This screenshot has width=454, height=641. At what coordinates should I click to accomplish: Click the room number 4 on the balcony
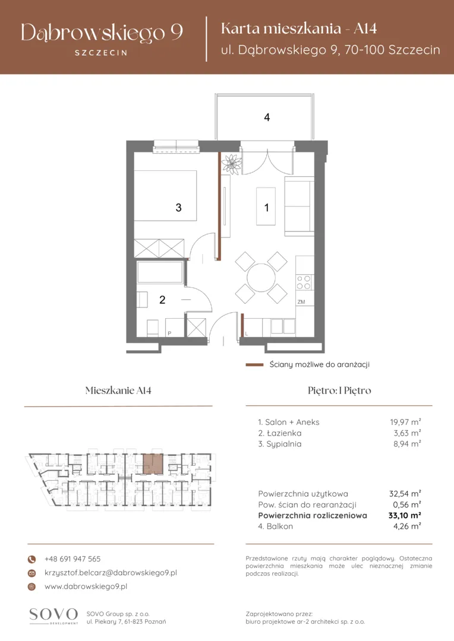(x=267, y=118)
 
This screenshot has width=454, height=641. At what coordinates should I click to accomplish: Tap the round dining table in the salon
(x=261, y=278)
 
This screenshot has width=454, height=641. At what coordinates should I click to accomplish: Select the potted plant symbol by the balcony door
(x=231, y=164)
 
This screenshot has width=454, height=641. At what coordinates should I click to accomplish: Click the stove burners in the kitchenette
(x=304, y=283)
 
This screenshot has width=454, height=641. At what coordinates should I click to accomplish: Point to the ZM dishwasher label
(x=301, y=302)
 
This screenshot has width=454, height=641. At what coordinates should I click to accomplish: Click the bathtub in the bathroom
(x=160, y=272)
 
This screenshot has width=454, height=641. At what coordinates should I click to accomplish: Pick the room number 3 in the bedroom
(x=178, y=208)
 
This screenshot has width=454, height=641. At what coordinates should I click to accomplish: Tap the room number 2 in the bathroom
(x=162, y=300)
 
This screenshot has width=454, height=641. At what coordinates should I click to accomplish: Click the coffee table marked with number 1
(x=266, y=207)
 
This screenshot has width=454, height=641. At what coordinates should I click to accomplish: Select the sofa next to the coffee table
(x=299, y=207)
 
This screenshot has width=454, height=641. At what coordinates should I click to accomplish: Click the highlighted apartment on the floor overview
(x=153, y=464)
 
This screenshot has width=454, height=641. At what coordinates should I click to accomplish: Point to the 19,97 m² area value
(x=405, y=422)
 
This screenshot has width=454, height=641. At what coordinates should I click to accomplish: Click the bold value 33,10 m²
(x=405, y=515)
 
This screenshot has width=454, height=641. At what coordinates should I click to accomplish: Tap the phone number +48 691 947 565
(x=72, y=559)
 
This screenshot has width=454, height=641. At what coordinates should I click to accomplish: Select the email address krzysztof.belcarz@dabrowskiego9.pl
(x=111, y=573)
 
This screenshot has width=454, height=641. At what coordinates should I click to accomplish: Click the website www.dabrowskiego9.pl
(x=86, y=586)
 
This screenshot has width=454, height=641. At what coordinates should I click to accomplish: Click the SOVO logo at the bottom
(x=53, y=615)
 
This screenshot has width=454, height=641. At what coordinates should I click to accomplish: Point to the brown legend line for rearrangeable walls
(x=254, y=364)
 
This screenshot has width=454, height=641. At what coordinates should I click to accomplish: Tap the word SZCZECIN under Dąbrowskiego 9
(x=101, y=53)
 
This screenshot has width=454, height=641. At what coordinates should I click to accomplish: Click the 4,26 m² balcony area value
(x=407, y=526)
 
